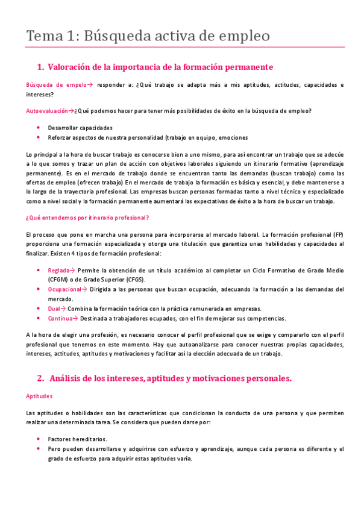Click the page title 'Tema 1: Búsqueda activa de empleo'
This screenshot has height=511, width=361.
(148, 36)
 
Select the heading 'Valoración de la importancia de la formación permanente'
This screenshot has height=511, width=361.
(160, 66)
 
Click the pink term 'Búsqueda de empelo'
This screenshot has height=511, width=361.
(54, 85)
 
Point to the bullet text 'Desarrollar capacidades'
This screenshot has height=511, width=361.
(80, 128)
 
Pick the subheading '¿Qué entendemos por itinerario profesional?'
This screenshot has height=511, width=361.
(87, 217)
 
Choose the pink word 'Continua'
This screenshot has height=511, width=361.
(60, 318)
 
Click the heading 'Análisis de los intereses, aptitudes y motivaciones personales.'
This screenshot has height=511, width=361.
(169, 378)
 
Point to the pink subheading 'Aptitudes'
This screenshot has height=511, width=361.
(39, 396)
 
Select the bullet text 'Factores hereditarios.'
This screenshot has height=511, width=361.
(77, 439)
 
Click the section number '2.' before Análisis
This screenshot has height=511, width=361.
(40, 378)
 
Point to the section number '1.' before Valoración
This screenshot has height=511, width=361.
(40, 66)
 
